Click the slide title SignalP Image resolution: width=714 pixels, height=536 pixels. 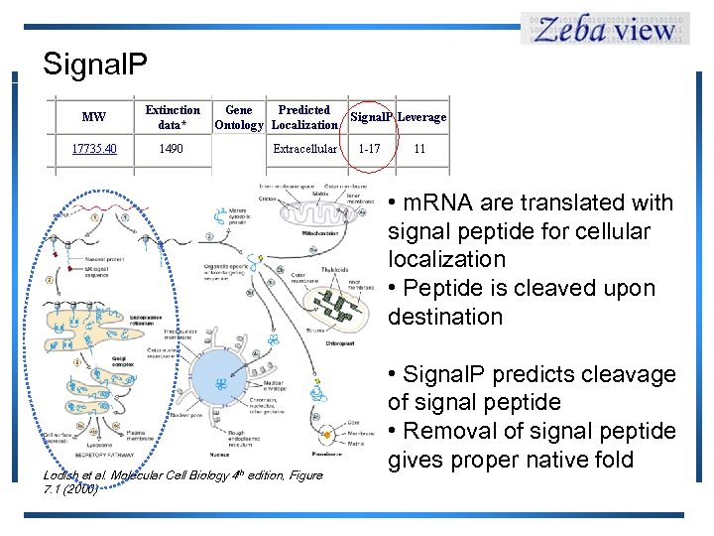pos(95,65)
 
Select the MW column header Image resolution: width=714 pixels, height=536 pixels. pos(94,117)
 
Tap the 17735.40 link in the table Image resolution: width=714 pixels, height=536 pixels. pos(94,149)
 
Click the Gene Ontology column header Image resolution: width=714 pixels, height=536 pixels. pos(239,117)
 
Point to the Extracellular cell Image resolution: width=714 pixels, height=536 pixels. pos(304,149)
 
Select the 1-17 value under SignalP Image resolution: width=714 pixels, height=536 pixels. pos(369,149)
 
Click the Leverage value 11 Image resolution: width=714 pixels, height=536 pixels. pos(419,149)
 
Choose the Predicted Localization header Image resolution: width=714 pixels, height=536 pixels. pos(304,117)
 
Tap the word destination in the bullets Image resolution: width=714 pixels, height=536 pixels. pos(445,317)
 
